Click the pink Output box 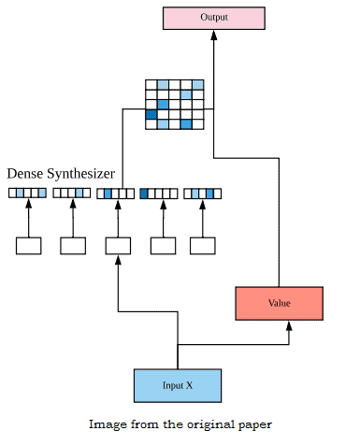(x=213, y=17)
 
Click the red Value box (x=279, y=303)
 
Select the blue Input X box (x=178, y=385)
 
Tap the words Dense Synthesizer (x=61, y=174)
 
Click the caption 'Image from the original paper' (x=180, y=424)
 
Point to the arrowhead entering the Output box (x=213, y=34)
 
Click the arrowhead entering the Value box (x=289, y=326)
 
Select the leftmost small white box (x=28, y=246)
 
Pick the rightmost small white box (x=203, y=246)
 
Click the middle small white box (x=117, y=246)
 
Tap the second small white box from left (x=73, y=246)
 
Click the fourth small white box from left (x=163, y=246)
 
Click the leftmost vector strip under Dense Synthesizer (x=28, y=194)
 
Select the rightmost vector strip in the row (x=203, y=194)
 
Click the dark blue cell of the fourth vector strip (x=144, y=194)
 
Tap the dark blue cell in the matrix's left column (x=151, y=114)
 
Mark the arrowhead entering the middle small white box (x=117, y=261)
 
